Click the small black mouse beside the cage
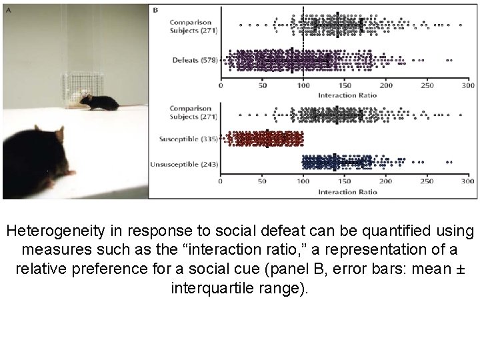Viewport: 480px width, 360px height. click(x=99, y=102)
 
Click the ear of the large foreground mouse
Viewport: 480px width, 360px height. click(x=58, y=136)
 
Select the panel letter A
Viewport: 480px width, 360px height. click(x=7, y=9)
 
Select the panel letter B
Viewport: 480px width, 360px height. click(x=155, y=10)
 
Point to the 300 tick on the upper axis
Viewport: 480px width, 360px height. click(x=467, y=86)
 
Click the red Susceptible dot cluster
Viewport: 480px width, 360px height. click(x=265, y=139)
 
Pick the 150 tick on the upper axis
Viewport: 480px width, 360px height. click(x=345, y=86)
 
